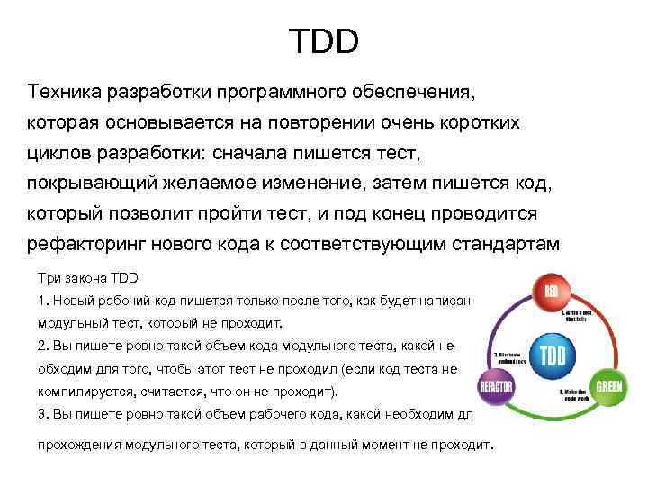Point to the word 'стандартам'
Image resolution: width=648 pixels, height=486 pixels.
pyautogui.click(x=509, y=244)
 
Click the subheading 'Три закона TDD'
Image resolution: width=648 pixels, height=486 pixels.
pyautogui.click(x=87, y=276)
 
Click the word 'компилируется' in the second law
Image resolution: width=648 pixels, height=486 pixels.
pyautogui.click(x=84, y=393)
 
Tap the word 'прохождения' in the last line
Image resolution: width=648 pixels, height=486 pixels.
pyautogui.click(x=78, y=445)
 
